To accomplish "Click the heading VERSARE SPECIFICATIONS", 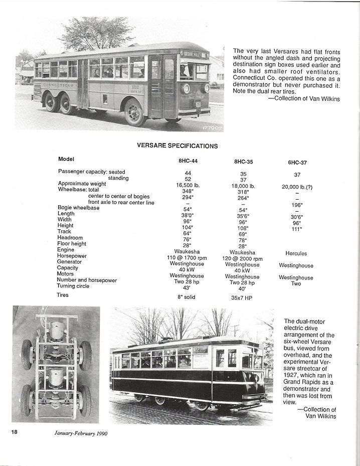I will tap(177, 146).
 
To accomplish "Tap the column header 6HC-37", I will tap(297, 162).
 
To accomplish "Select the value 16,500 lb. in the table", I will tap(188, 185).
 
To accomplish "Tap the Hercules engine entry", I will tap(296, 254).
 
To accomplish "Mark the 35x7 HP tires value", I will tap(243, 297).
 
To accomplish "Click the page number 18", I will tap(14, 432).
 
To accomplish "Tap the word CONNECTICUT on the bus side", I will tap(58, 85).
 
